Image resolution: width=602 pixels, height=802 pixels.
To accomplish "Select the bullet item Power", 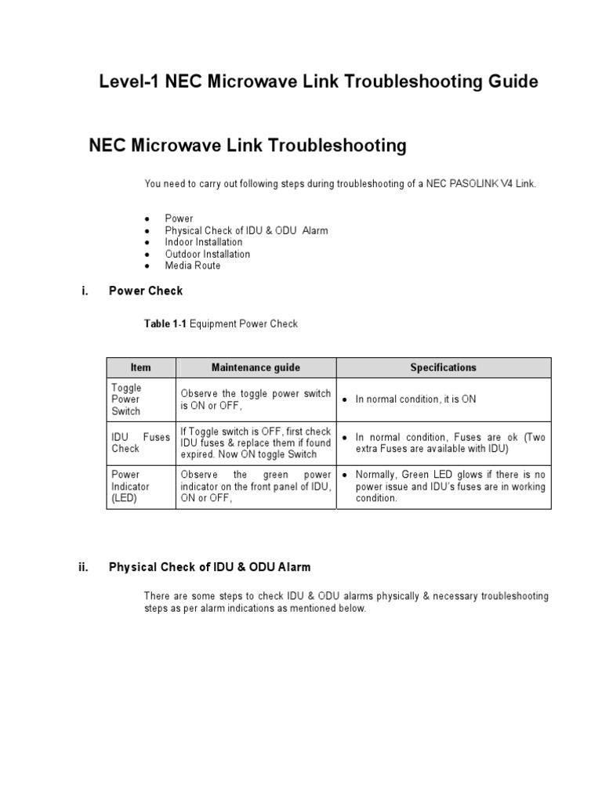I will coord(179,219).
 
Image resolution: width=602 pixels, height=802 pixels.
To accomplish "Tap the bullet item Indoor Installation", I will coord(203,242).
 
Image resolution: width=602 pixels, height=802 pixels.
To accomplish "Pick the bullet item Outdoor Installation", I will coord(207,254).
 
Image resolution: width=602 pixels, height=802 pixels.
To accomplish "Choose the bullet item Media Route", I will coord(192,266).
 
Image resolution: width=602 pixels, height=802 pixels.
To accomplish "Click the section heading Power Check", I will coord(145,291).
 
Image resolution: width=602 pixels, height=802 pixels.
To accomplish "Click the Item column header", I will coord(141,367).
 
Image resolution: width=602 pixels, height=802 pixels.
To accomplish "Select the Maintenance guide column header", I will coord(256,367).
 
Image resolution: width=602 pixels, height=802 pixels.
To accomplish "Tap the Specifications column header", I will coord(443,367).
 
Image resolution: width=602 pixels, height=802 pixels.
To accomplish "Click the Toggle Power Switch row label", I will coord(126,399).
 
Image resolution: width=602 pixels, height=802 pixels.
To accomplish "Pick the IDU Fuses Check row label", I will coord(140,443).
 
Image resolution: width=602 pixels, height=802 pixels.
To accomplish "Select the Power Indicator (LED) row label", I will coord(130,486).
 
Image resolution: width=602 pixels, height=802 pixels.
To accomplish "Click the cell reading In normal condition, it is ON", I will coord(415,399).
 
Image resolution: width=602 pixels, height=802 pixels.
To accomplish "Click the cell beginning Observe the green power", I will coord(256,486).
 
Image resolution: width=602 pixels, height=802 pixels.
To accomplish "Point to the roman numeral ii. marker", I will coord(83,568).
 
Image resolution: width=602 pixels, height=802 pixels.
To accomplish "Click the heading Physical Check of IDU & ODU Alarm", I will coord(209,568).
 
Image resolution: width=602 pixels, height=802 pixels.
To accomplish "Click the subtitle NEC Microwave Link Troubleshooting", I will coord(248,146).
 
